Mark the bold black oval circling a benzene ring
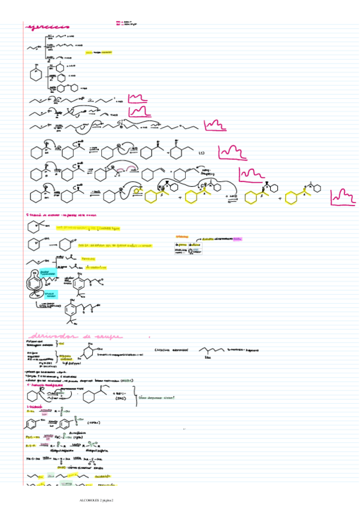(38, 282)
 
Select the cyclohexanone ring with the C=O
(65, 245)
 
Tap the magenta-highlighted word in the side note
(237, 238)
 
